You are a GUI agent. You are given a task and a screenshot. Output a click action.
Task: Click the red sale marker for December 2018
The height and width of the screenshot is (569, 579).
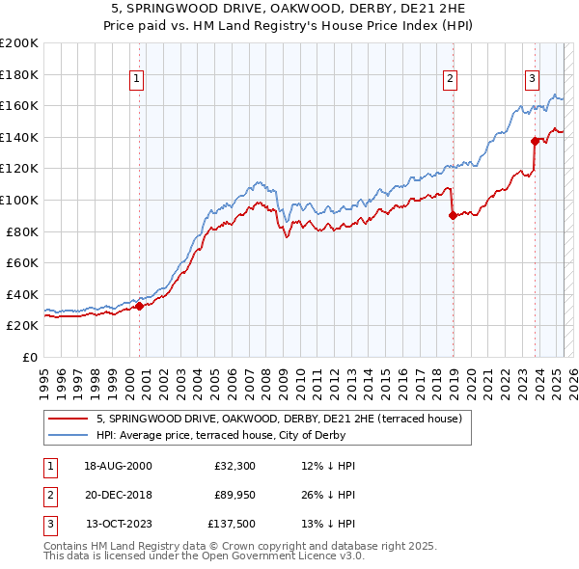pyautogui.click(x=453, y=216)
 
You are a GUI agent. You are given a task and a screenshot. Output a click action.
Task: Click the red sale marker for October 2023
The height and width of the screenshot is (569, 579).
pyautogui.click(x=535, y=141)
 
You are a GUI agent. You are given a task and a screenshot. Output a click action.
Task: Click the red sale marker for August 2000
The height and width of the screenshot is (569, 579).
pyautogui.click(x=139, y=307)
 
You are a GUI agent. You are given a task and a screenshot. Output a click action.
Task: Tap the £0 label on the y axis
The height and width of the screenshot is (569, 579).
pyautogui.click(x=29, y=357)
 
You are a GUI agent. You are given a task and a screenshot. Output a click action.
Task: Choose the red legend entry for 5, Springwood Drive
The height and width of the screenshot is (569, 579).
pyautogui.click(x=280, y=419)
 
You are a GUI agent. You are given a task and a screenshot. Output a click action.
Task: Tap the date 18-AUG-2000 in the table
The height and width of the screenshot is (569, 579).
pyautogui.click(x=118, y=466)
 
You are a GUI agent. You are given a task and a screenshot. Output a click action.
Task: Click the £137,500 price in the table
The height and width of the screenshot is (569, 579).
pyautogui.click(x=230, y=526)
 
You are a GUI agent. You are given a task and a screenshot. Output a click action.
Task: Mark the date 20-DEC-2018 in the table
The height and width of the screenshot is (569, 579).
pyautogui.click(x=118, y=496)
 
